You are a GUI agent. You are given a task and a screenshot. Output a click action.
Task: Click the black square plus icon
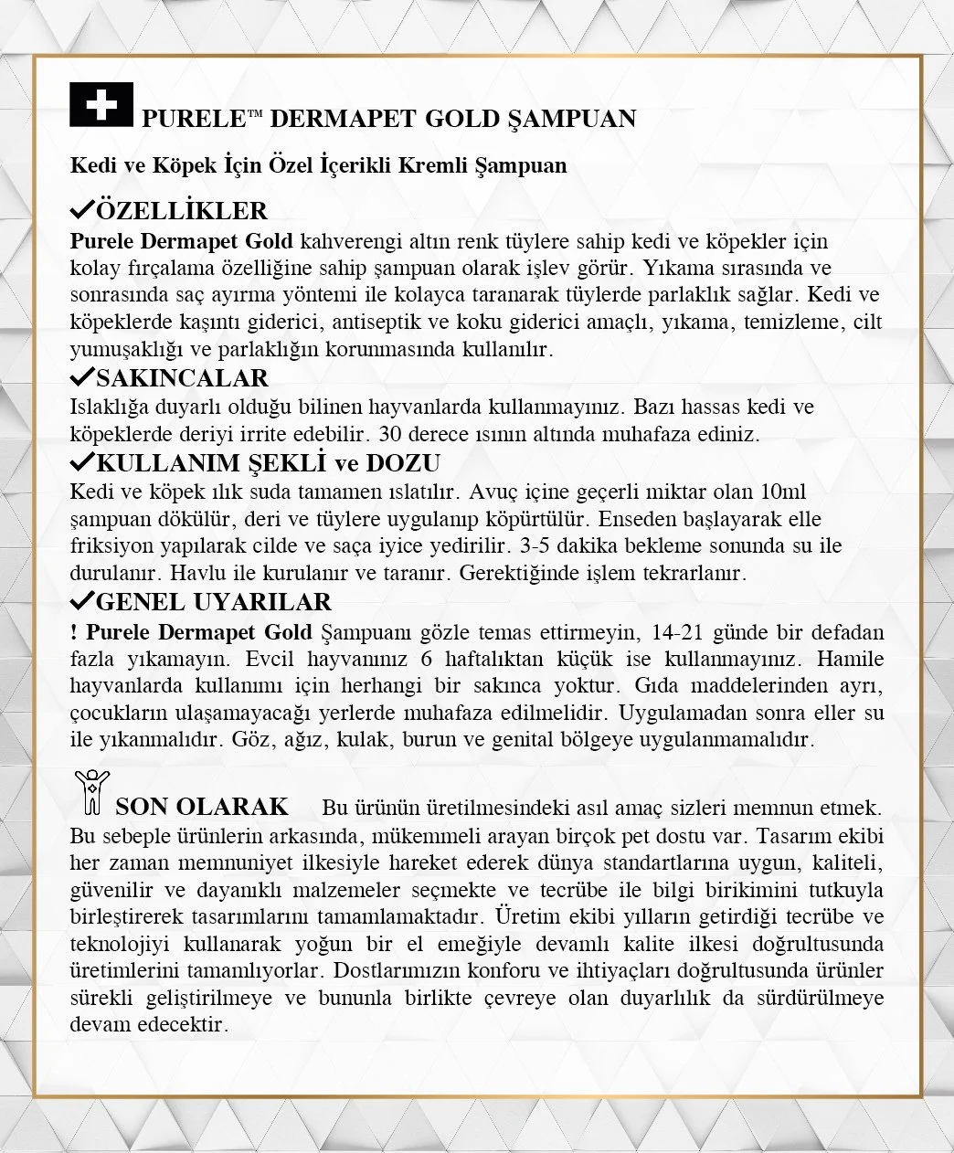[x=101, y=105]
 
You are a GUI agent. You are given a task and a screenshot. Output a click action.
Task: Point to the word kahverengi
[x=348, y=242]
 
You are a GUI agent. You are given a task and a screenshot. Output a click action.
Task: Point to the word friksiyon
[x=111, y=546]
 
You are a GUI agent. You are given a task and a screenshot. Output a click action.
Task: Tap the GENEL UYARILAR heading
[x=213, y=602]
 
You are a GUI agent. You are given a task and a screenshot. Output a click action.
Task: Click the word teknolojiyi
[x=118, y=943]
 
